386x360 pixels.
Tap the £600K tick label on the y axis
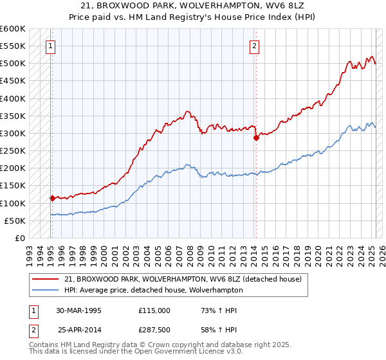(x=13, y=29)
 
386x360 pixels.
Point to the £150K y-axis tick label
(x=13, y=185)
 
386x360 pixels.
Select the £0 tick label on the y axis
(x=19, y=238)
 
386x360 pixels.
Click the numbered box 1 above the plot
(x=50, y=46)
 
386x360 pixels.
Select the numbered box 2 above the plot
(x=255, y=46)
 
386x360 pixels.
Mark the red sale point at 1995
(x=52, y=198)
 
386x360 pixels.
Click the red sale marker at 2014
(x=256, y=138)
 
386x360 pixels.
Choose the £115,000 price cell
(x=154, y=310)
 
